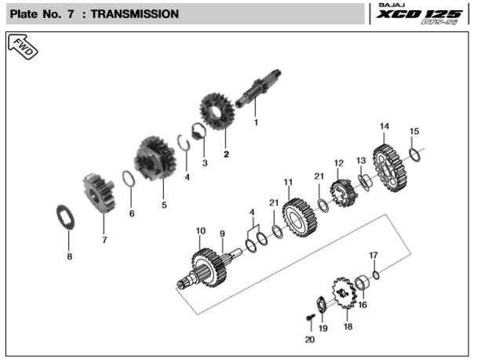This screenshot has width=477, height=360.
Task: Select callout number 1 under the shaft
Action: coord(255,122)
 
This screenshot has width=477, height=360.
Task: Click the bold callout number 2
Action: coord(226,154)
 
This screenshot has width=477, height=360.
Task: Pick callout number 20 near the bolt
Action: coord(309,340)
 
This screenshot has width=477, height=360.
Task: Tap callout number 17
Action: coord(373,256)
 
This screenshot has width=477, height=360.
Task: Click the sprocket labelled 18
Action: coord(342,293)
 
